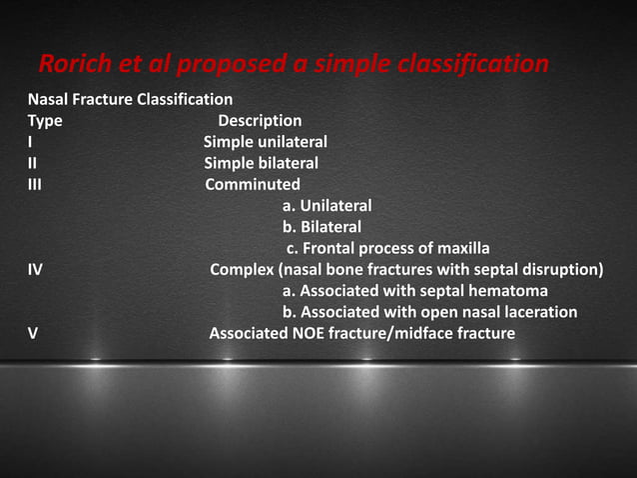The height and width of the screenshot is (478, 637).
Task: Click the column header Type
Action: click(45, 121)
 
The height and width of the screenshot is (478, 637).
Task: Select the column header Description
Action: click(260, 121)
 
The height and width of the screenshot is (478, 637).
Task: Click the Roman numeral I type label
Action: click(30, 142)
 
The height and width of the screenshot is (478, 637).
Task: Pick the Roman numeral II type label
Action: click(33, 163)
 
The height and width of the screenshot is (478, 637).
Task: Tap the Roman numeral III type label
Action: click(35, 184)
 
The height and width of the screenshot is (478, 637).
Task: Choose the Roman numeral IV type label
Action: click(34, 269)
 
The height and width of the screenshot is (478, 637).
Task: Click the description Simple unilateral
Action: click(266, 142)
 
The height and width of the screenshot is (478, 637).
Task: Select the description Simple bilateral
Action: click(262, 163)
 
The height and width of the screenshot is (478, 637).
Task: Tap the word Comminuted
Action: click(253, 184)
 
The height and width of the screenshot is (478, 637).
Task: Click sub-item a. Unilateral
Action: click(327, 206)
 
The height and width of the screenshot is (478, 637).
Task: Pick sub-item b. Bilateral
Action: click(321, 227)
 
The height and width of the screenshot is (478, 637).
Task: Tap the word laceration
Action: click(539, 312)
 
